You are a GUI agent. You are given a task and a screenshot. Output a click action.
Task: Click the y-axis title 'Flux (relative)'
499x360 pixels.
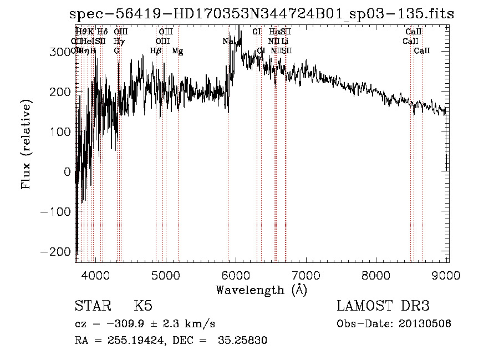pos(26,145)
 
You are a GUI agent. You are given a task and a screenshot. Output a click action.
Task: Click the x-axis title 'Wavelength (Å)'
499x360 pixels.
pos(261,290)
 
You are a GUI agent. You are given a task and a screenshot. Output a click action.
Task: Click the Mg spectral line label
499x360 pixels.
pos(177,51)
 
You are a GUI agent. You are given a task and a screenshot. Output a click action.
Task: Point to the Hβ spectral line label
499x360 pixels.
pos(155,51)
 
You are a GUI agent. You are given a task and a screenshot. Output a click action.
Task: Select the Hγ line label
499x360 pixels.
pos(119,41)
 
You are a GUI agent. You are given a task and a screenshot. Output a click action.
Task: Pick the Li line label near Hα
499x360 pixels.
pos(284,41)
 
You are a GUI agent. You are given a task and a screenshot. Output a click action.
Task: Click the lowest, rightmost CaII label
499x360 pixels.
pos(422,51)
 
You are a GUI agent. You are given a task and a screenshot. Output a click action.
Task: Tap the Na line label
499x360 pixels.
pos(228,41)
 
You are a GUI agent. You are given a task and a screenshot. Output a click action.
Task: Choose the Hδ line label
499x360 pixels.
pos(103,32)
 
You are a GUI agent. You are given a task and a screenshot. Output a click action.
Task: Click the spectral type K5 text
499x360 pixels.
pos(143,306)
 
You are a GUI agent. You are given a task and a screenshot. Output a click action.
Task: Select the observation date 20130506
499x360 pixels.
pos(425,323)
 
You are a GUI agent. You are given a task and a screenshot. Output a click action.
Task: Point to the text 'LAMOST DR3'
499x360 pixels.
pos(383,306)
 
